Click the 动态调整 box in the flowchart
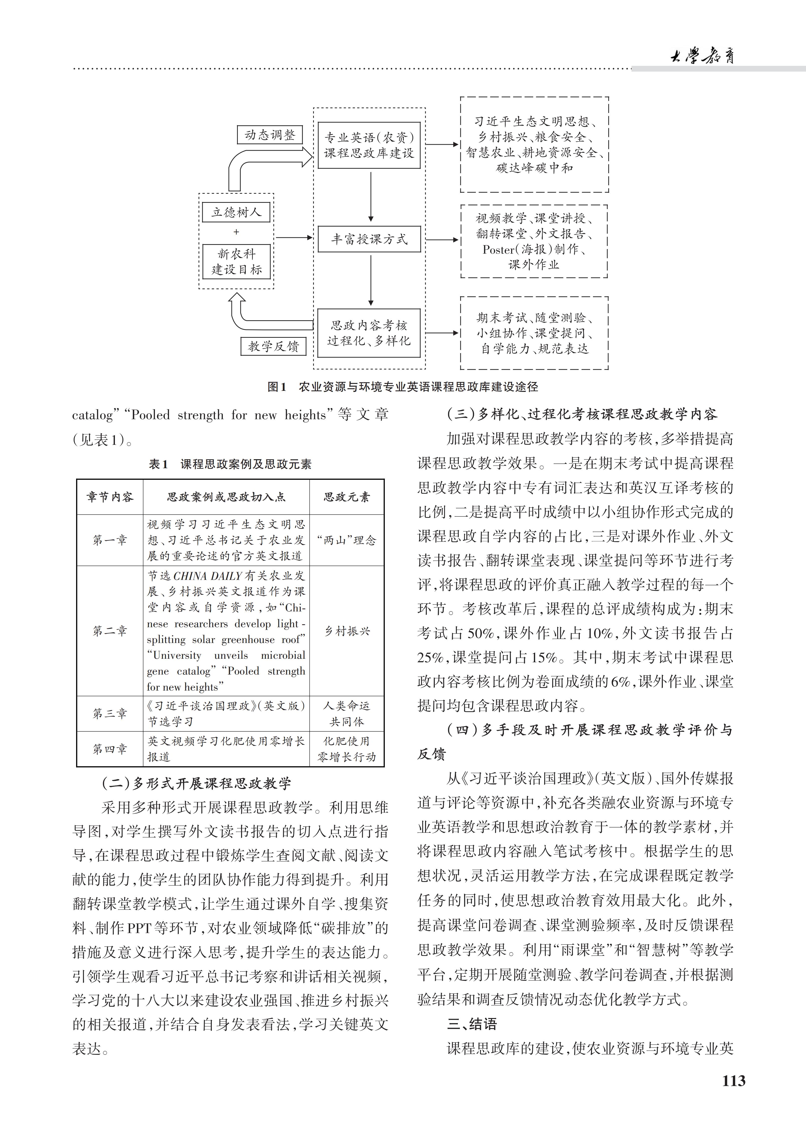270,135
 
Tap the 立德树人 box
236,212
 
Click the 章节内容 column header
110,497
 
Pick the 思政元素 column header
347,497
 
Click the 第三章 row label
110,713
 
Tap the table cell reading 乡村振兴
347,631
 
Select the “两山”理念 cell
347,540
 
